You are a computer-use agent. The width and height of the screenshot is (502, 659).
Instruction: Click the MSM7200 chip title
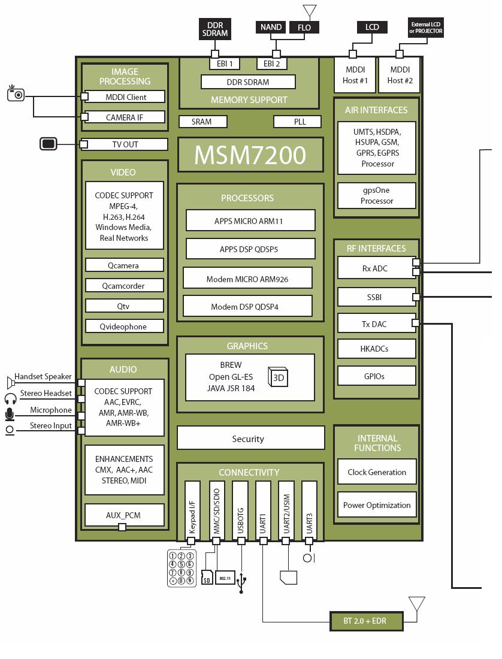click(x=250, y=155)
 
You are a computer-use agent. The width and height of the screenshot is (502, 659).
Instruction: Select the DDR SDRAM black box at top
click(x=215, y=29)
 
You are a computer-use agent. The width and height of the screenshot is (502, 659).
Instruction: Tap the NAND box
click(x=271, y=27)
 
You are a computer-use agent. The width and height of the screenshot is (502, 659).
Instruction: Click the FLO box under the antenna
click(x=304, y=28)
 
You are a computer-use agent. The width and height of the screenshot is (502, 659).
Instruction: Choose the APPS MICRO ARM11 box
click(x=250, y=220)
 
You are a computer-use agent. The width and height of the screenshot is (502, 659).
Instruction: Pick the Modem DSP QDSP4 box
click(x=247, y=306)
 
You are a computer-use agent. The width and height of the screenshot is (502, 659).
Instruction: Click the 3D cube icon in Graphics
click(x=279, y=377)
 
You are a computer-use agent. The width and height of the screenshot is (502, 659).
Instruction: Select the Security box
click(x=250, y=438)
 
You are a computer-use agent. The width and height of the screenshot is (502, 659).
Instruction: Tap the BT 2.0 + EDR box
click(x=366, y=621)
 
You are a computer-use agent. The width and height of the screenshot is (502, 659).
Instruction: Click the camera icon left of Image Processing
click(x=16, y=93)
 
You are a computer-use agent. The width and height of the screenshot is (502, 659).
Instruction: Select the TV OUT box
click(x=125, y=144)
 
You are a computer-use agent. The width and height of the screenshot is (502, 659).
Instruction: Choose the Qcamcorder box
click(x=125, y=286)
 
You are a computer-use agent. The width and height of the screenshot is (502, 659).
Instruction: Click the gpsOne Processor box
click(x=377, y=195)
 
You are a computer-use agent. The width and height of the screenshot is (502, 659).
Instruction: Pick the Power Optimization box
click(x=377, y=505)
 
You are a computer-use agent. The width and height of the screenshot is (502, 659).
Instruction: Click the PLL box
click(x=300, y=122)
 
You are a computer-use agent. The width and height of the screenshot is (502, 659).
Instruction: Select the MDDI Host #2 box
click(x=400, y=75)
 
